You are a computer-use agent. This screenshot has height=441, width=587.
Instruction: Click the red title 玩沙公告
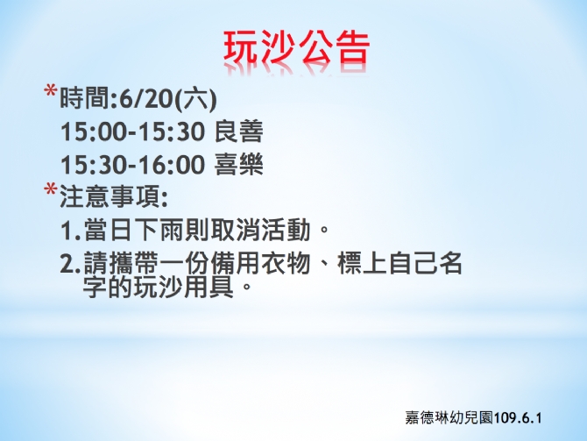coord(296,47)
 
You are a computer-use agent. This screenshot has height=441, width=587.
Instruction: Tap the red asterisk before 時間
coord(50,92)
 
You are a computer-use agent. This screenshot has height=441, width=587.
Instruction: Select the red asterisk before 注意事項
coord(50,189)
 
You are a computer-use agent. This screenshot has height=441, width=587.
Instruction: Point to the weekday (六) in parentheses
coord(196,100)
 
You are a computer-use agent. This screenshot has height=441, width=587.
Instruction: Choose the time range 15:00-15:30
coord(132,132)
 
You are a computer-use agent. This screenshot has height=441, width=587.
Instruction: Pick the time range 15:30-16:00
coord(132,165)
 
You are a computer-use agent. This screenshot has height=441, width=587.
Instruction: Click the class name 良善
coord(239,132)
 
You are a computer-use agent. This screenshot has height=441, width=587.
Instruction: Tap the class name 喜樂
coord(239,165)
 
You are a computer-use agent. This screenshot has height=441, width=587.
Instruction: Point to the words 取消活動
coord(260,230)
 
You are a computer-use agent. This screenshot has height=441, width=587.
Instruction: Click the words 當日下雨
coord(134,230)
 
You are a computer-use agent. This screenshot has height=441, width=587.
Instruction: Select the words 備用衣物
coord(260,263)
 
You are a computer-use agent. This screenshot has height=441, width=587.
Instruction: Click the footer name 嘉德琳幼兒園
coord(449,418)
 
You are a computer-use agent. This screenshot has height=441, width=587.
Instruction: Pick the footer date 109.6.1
coord(518,418)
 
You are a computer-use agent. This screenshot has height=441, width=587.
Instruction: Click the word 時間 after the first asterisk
coord(85,99)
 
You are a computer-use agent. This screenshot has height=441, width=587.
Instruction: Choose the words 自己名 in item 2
coord(425,263)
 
